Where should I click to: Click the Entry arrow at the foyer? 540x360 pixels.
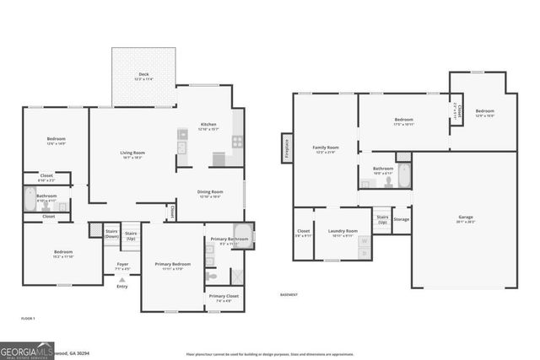122,280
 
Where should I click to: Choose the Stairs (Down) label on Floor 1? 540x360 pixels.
111,234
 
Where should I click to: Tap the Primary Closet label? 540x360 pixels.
224,298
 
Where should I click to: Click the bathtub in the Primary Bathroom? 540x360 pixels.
242,234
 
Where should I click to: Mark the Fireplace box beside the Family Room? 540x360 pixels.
287,147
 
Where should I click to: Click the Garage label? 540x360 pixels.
466,219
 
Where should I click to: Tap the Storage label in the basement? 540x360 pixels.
402,220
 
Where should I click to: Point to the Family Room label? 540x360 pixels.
325,149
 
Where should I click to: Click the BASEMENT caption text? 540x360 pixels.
289,294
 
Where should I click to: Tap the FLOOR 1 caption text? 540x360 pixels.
28,320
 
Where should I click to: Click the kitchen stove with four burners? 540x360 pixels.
238,142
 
